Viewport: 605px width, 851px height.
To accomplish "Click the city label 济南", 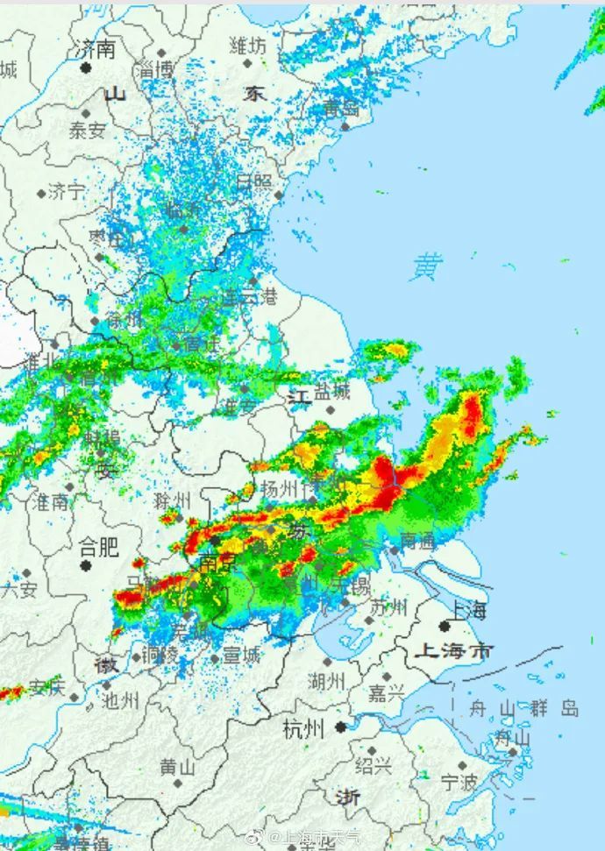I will (x=96, y=49).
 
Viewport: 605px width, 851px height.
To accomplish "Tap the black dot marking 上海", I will (x=445, y=626).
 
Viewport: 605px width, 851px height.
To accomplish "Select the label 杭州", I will (x=303, y=728).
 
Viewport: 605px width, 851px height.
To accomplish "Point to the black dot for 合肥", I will (x=87, y=566).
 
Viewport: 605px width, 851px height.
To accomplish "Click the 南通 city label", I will (x=418, y=542).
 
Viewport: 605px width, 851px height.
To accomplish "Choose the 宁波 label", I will (x=459, y=781).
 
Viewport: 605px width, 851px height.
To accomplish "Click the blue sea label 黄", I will (x=427, y=266).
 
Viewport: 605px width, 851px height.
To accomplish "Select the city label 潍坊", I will (x=247, y=46).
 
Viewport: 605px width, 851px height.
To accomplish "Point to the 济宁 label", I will (x=67, y=191).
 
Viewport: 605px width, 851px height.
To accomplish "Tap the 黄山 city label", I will (x=177, y=767).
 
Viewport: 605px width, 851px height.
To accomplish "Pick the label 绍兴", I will (x=374, y=766).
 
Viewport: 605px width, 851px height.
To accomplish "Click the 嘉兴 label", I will (x=386, y=693).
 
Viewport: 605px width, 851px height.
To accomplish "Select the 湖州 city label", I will (x=326, y=679).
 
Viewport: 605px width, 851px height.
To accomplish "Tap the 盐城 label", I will (x=332, y=392).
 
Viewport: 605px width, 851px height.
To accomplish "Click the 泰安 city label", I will (x=87, y=131).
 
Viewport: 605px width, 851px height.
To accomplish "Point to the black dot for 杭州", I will (x=339, y=727).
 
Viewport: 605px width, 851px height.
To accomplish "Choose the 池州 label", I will (x=120, y=700).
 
